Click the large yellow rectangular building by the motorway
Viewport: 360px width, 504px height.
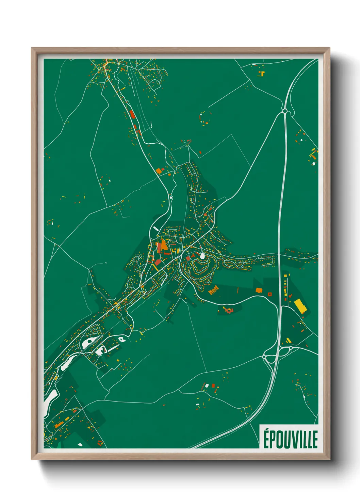[x=300, y=305]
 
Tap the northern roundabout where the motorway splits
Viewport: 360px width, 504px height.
[x=284, y=111]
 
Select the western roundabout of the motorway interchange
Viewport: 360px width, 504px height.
[x=264, y=357]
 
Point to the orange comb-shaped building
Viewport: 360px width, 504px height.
[x=214, y=290]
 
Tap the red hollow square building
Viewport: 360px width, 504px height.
[x=270, y=294]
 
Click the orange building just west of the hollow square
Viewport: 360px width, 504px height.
[x=259, y=290]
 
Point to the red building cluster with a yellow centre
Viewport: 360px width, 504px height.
[x=228, y=310]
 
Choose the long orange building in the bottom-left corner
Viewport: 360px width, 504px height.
[x=59, y=425]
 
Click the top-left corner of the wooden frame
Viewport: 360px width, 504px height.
[x=32, y=48]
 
